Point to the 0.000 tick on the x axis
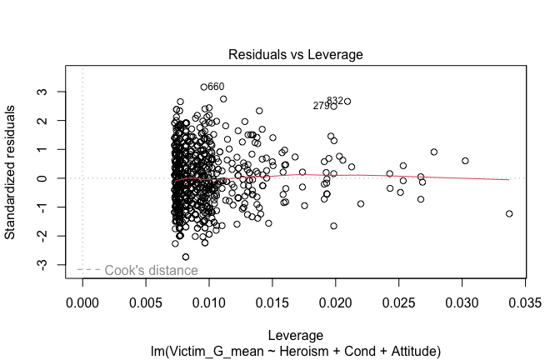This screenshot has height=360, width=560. click(82, 302)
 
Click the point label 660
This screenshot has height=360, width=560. click(216, 87)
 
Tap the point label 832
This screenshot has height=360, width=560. click(335, 101)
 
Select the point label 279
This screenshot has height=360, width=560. click(321, 107)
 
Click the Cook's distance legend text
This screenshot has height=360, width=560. click(152, 270)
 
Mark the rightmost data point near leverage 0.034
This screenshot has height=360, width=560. click(509, 214)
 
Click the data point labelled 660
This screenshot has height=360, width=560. click(203, 87)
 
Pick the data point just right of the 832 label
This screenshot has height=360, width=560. click(347, 102)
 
